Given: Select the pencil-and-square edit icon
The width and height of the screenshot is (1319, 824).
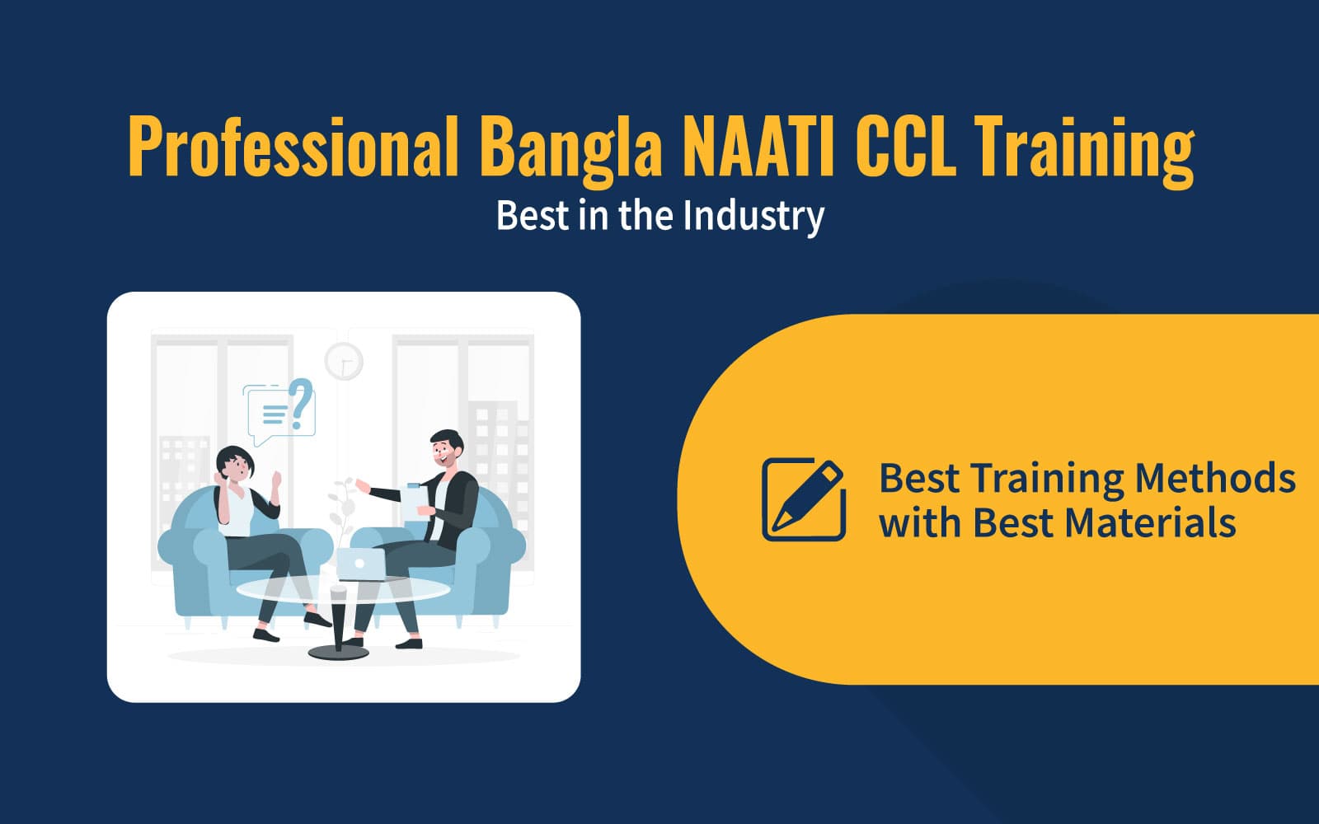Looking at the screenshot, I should pos(804,499).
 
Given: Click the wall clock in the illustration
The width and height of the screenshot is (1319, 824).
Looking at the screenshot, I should pos(344,361).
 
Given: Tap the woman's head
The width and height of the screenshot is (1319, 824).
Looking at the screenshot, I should pos(234,465).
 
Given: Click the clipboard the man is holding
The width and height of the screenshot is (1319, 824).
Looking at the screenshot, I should pos(411,504).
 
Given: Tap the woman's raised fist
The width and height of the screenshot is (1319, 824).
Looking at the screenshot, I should pos(275,479).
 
